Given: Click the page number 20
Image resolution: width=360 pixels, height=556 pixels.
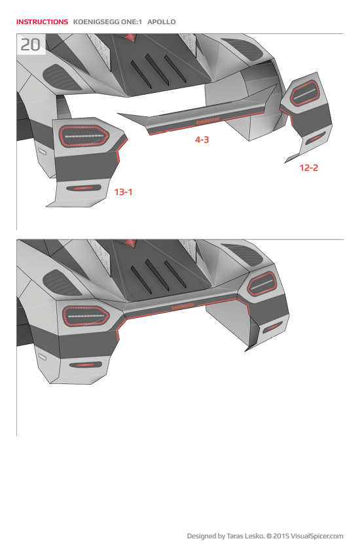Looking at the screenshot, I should (30, 45).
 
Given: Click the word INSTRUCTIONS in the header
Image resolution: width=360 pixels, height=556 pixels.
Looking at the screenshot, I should (42, 22).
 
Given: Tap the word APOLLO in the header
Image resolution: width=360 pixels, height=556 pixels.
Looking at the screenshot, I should (162, 22).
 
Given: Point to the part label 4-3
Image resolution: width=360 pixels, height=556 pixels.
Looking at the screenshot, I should (202, 139).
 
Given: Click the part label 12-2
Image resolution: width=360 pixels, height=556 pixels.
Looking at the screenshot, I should (309, 167).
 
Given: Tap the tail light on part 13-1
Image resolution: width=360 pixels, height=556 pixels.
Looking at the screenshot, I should (84, 136).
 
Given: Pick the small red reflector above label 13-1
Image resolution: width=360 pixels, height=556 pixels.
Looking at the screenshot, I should (83, 188).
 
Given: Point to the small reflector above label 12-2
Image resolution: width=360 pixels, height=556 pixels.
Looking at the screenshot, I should (315, 137).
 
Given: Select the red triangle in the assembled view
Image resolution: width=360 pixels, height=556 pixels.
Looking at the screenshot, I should (130, 243).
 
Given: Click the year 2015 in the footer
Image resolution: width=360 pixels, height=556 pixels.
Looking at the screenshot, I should (282, 536).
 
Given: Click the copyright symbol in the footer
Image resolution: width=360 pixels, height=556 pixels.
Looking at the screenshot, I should (268, 536).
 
